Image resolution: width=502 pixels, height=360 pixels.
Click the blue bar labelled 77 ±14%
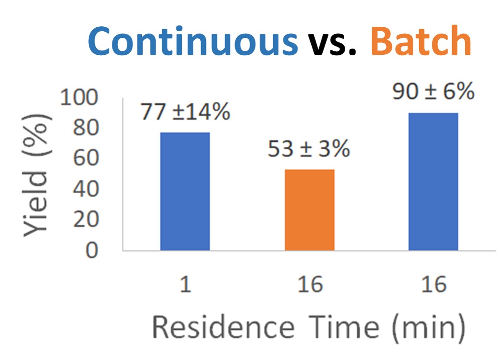coord(185,191)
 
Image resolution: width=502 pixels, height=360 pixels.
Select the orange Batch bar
coord(310,210)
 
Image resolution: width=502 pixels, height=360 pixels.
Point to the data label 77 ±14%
coord(185,112)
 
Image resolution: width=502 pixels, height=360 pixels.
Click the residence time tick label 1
coord(185,284)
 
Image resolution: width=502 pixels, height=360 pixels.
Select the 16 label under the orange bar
coord(310,284)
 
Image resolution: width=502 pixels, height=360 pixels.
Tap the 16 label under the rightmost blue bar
coord(433,284)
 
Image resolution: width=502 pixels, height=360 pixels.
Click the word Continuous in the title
coord(193,41)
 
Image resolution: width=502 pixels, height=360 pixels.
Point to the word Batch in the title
coord(420,41)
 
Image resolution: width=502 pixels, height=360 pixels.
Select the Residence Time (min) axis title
coord(309,328)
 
